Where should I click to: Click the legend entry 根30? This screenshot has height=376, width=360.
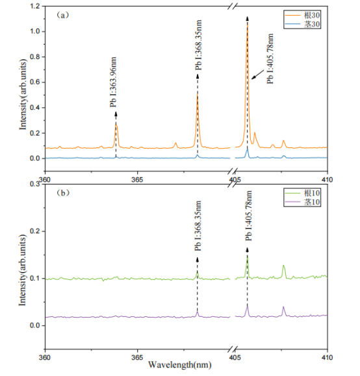pyautogui.click(x=302, y=16)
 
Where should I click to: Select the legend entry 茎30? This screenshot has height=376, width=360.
pyautogui.click(x=302, y=24)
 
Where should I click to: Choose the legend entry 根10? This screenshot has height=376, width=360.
pyautogui.click(x=302, y=193)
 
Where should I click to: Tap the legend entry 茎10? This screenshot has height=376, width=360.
pyautogui.click(x=302, y=202)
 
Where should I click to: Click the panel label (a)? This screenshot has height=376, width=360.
pyautogui.click(x=63, y=16)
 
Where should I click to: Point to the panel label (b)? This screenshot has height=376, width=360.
pyautogui.click(x=63, y=193)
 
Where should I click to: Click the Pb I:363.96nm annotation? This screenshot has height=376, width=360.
pyautogui.click(x=113, y=82)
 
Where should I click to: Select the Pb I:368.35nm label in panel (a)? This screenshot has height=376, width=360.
pyautogui.click(x=198, y=45)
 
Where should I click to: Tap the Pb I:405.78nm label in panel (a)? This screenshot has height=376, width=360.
pyautogui.click(x=270, y=58)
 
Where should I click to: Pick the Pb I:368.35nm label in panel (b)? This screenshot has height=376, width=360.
pyautogui.click(x=198, y=226)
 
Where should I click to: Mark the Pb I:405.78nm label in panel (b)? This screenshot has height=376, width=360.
pyautogui.click(x=249, y=216)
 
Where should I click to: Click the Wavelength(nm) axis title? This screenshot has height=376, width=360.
pyautogui.click(x=180, y=365)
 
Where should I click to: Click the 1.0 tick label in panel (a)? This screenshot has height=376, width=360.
pyautogui.click(x=35, y=31)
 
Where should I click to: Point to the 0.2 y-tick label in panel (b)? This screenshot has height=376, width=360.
pyautogui.click(x=35, y=231)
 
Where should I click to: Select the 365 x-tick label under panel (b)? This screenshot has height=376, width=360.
pyautogui.click(x=137, y=358)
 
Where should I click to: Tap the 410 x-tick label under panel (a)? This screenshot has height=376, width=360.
pyautogui.click(x=328, y=180)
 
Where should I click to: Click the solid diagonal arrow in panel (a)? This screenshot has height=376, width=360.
pyautogui.click(x=257, y=75)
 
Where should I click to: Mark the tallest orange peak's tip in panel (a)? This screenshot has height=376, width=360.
pyautogui.click(x=248, y=21)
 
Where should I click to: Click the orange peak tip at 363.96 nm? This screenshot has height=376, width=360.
pyautogui.click(x=116, y=125)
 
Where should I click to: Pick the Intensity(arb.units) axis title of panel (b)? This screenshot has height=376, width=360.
pyautogui.click(x=22, y=270)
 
